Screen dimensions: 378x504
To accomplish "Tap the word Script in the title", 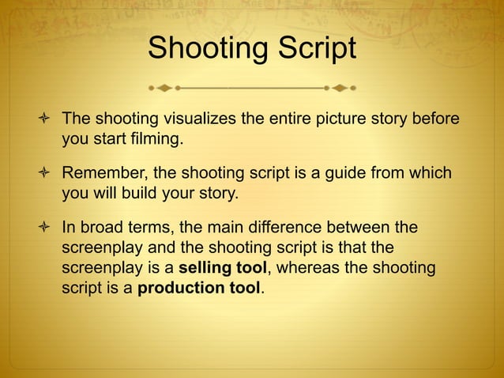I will [316, 49].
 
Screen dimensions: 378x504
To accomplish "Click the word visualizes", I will [201, 119].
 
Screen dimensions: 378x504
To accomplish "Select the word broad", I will [100, 228].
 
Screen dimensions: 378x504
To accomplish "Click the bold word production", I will [180, 288].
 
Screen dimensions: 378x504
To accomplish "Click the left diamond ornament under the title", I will [164, 87].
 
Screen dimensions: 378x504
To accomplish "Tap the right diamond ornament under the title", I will [340, 87].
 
